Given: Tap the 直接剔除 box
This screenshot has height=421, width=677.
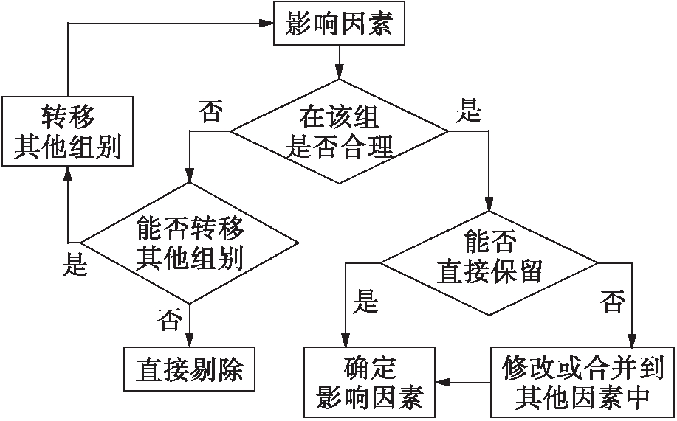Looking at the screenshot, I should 190,368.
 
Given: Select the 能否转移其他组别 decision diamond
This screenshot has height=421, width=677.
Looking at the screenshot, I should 190,243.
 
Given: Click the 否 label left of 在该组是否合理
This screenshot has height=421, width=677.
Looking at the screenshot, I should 210,113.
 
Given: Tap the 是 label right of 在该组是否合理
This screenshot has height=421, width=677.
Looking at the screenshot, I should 470,113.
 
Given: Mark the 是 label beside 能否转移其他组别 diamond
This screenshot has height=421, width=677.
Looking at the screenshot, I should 75,264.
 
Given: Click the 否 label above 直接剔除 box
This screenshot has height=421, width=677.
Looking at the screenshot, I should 170,320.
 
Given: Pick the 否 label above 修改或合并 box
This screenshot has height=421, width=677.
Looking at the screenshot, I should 612,301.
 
